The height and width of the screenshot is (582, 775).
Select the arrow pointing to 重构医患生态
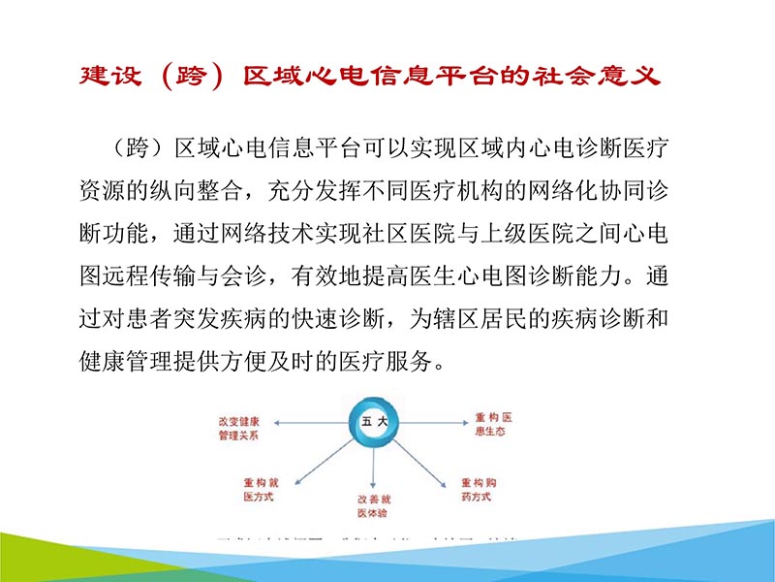[426, 422]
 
